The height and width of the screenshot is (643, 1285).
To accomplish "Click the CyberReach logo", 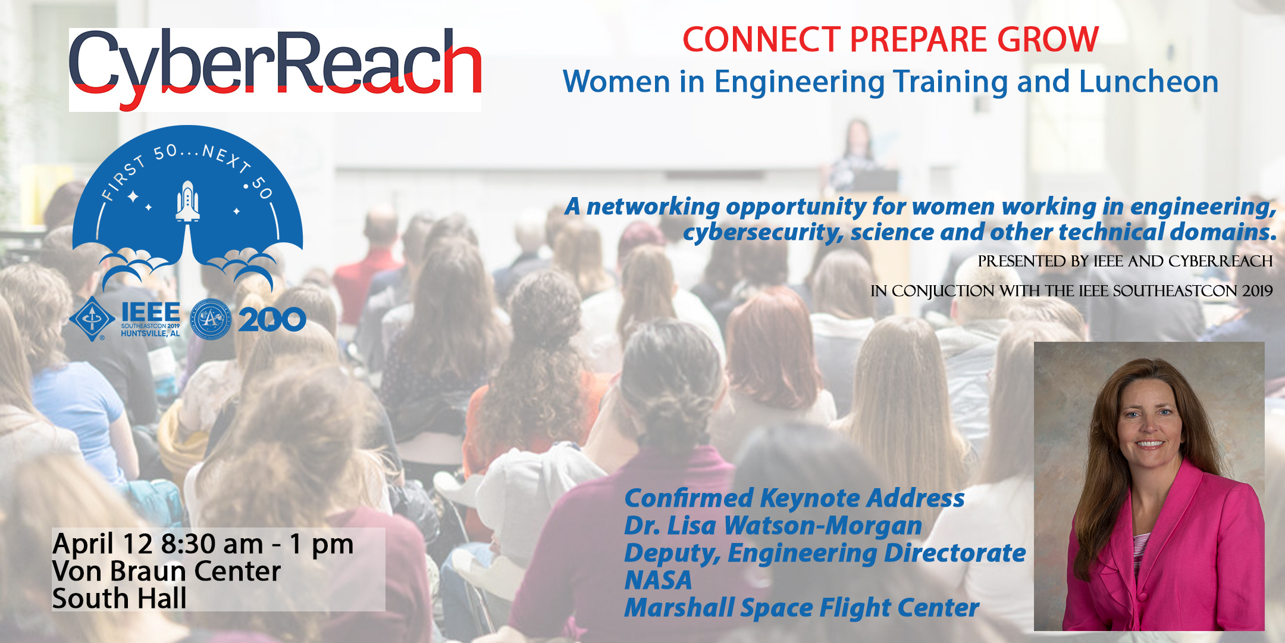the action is click(x=275, y=70).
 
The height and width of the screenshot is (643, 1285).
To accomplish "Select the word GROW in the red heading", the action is click(x=1048, y=40).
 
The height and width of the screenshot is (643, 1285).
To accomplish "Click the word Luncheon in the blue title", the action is click(x=1149, y=82).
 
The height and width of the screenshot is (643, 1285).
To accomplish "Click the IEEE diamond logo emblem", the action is click(x=92, y=319).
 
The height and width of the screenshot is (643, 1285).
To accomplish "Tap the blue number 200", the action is click(x=272, y=320).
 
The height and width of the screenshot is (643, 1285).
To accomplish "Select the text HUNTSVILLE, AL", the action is click(x=150, y=334).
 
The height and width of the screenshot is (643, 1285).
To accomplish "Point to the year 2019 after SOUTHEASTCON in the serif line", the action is click(x=1257, y=291).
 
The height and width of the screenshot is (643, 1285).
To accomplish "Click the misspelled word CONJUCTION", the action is click(x=943, y=291).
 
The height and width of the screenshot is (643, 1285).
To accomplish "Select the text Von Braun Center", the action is click(x=167, y=572).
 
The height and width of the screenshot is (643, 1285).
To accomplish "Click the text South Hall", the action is click(x=120, y=598).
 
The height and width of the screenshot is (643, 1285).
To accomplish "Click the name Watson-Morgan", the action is click(x=823, y=526).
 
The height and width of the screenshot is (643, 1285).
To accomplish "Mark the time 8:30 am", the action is click(x=212, y=544).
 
